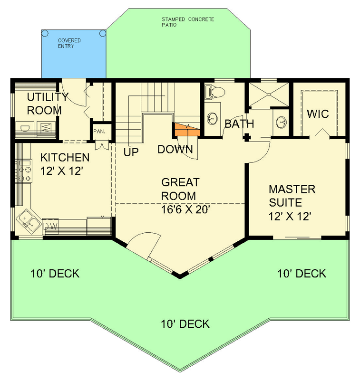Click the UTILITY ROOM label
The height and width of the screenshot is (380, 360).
tap(44, 104)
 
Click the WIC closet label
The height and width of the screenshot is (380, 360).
tap(317, 114)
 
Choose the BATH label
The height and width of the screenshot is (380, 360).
tap(239, 124)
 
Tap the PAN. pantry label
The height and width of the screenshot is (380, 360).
tap(99, 131)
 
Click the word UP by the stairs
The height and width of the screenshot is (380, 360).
tap(131, 152)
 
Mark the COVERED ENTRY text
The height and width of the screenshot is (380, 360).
tap(69, 44)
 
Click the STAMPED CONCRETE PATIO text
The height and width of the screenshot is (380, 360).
tap(187, 22)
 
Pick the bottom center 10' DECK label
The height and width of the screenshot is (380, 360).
tap(185, 324)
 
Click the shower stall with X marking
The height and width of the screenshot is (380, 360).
tap(269, 95)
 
